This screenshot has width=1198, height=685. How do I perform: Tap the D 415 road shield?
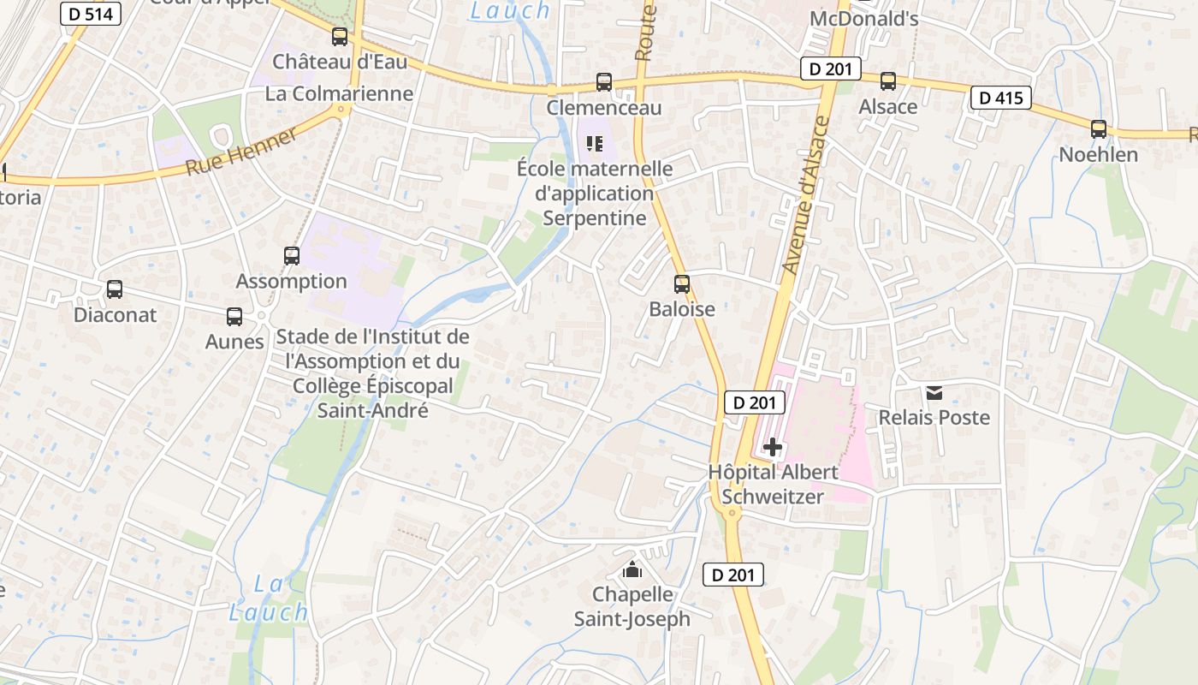click(1000, 98)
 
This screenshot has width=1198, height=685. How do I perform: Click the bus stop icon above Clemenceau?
click(604, 82)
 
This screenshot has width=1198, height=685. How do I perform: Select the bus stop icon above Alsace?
click(888, 81)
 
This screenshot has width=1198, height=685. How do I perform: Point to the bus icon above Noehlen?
click(1099, 129)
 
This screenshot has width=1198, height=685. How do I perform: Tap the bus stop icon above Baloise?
click(682, 284)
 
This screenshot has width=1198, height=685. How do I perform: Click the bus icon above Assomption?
click(292, 256)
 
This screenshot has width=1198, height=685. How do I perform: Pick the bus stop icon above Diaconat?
click(115, 289)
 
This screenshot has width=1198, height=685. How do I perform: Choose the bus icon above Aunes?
click(234, 317)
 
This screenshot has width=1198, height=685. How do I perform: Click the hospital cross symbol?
click(773, 447)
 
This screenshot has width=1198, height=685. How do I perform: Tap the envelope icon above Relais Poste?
click(934, 393)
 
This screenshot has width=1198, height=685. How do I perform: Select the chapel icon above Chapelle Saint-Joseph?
click(632, 569)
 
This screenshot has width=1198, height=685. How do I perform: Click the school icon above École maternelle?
click(595, 144)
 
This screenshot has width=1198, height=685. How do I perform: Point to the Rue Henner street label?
click(241, 151)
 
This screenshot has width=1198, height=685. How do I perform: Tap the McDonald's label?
click(863, 19)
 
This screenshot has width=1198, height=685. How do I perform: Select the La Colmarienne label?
click(339, 93)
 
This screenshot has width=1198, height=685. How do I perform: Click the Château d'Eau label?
click(340, 62)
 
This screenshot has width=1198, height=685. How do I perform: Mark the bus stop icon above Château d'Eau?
click(340, 37)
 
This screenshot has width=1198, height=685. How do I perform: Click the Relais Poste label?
click(934, 418)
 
